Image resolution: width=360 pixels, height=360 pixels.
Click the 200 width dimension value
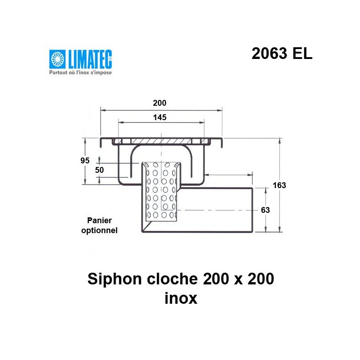coord(160,103)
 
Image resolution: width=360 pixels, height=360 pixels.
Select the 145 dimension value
coord(160,117)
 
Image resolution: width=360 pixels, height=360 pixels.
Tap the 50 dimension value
coord(99,170)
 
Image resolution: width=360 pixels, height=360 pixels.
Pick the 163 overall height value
coord(279,185)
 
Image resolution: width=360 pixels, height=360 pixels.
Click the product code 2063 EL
coord(282,54)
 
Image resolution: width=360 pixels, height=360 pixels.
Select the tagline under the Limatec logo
coord(80,72)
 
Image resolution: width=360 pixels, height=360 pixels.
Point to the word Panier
coord(99,220)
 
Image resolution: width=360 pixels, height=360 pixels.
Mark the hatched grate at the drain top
coord(160,141)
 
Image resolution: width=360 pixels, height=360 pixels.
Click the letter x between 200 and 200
coord(234,280)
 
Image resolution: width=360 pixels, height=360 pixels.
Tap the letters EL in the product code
coord(302,54)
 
